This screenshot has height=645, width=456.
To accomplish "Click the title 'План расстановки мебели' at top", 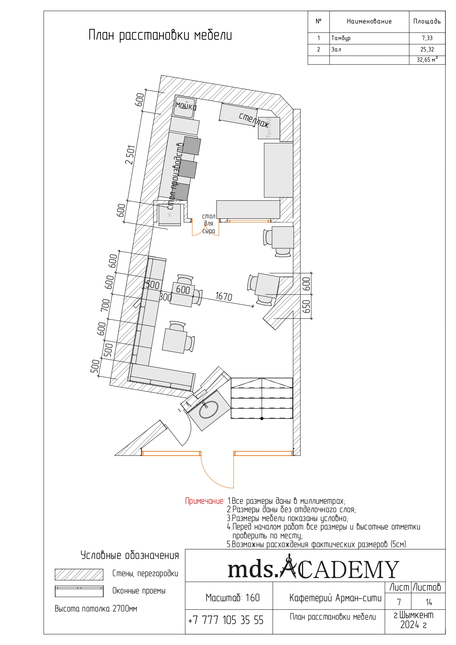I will point(160,36).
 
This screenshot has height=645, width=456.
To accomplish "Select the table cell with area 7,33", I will point(427,38).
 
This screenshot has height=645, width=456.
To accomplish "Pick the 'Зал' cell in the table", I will point(336,50).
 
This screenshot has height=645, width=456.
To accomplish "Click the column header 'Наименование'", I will point(369,22).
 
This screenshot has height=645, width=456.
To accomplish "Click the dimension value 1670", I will point(223,296).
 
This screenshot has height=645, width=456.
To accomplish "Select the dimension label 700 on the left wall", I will point(105,306).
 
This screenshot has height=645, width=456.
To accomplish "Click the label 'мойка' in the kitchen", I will point(186,106).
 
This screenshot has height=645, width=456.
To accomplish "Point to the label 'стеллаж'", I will point(254,120).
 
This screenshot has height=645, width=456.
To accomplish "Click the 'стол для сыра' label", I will point(208,224).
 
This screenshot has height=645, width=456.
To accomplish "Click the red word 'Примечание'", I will point(205,501).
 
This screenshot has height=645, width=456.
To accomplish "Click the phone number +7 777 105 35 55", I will point(226,621).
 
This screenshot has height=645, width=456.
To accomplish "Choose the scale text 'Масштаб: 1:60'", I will point(233,598).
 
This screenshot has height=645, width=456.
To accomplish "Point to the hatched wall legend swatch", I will point(79,574).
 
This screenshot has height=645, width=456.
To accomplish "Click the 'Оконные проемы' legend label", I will point(139,591).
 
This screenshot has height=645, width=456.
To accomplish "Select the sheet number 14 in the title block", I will point(429,602).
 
